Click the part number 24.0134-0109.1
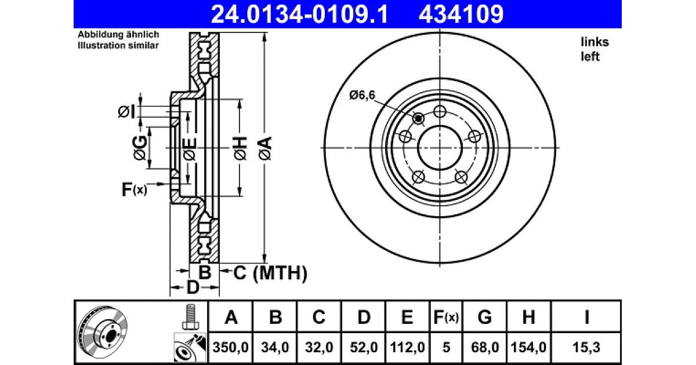pyautogui.click(x=299, y=14)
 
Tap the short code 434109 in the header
pyautogui.click(x=461, y=14)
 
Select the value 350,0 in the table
pyautogui.click(x=231, y=347)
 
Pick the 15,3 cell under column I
pyautogui.click(x=586, y=347)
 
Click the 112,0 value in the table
pyautogui.click(x=407, y=347)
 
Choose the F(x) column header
pyautogui.click(x=446, y=317)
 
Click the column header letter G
pyautogui.click(x=484, y=317)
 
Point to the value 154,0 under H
pyautogui.click(x=528, y=347)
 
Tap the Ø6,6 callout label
pyautogui.click(x=362, y=95)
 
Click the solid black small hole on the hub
pyautogui.click(x=419, y=118)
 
